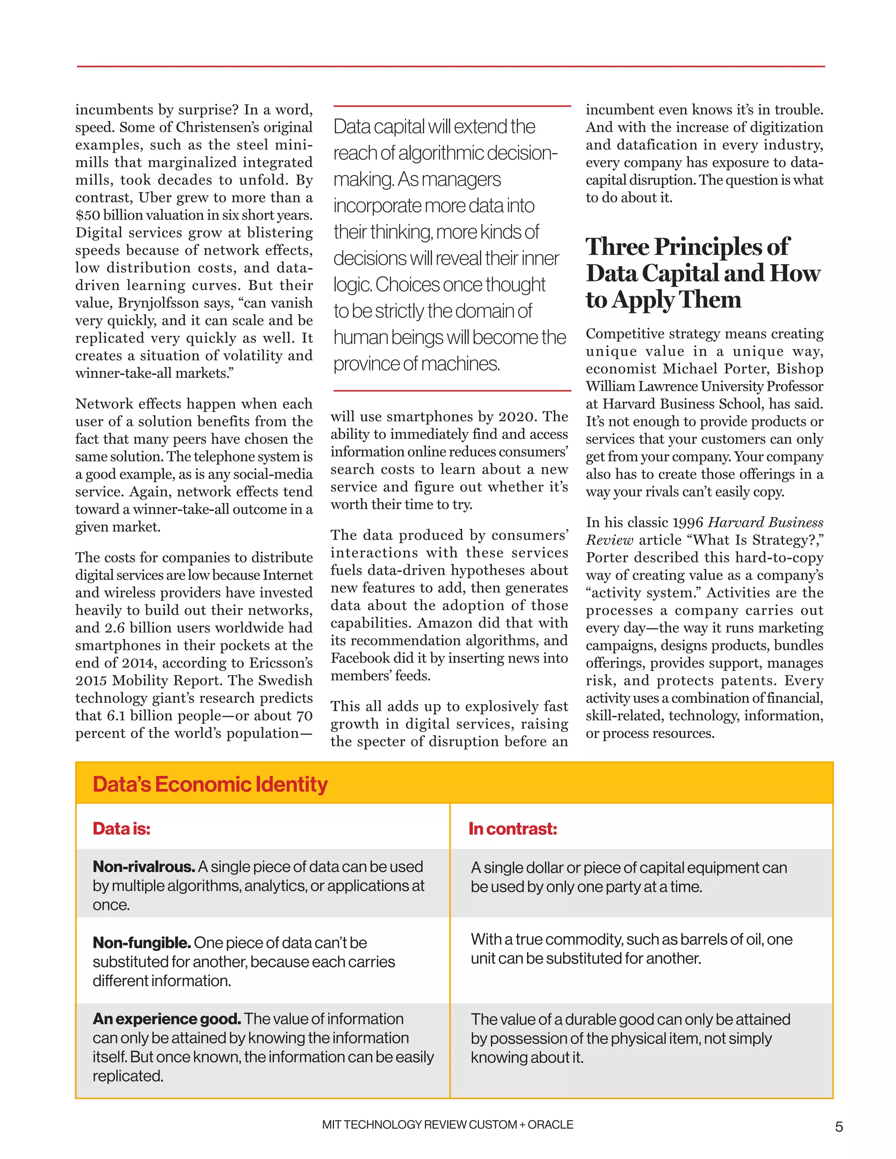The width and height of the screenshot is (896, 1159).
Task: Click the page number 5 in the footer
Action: tap(839, 1127)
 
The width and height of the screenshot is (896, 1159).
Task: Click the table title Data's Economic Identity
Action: tap(210, 784)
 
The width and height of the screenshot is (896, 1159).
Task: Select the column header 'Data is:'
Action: tap(122, 829)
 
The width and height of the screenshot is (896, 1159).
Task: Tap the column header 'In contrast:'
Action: tap(512, 829)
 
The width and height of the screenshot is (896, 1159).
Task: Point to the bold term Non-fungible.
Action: tap(141, 943)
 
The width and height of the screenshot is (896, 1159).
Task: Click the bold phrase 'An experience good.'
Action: tap(167, 1019)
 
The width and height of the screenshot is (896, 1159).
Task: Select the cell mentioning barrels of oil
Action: tap(631, 949)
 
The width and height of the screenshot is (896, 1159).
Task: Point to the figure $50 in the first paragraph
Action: tap(87, 215)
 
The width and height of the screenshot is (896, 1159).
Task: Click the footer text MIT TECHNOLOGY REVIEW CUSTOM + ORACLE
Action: tap(448, 1124)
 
